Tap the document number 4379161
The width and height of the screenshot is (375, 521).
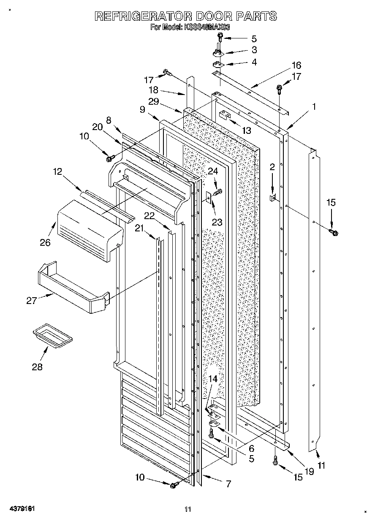click(x=21, y=509)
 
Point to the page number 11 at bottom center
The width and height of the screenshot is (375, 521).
click(x=188, y=509)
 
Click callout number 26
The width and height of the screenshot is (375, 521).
click(x=45, y=242)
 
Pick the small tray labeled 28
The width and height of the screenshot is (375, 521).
click(x=52, y=336)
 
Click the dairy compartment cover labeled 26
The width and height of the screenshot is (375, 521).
click(x=89, y=230)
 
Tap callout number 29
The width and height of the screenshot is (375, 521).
click(x=153, y=101)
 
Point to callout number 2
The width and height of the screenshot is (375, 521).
click(x=272, y=167)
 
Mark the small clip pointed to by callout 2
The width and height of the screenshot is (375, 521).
click(x=273, y=197)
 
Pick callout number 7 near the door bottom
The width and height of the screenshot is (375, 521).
click(x=228, y=484)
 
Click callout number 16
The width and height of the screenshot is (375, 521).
click(x=296, y=65)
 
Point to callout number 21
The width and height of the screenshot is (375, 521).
click(x=139, y=228)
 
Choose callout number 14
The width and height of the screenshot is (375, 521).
click(x=214, y=379)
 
